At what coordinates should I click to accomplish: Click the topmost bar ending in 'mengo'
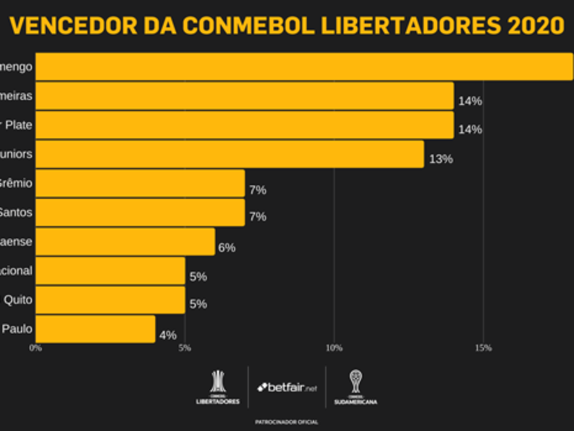[x=304, y=67]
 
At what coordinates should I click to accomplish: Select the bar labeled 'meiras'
[x=244, y=96]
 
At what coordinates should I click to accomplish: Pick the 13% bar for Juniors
[x=230, y=154]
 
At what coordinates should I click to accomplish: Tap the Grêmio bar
[x=140, y=183]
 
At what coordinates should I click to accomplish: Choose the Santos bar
[x=140, y=212]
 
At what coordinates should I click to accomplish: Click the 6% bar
[x=125, y=241]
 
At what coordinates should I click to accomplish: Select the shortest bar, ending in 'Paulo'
[x=95, y=329]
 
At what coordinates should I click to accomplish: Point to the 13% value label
[x=441, y=159]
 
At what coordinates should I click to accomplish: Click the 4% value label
[x=168, y=335]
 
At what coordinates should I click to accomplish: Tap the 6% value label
[x=227, y=248]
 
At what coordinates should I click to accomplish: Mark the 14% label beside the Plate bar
[x=470, y=130]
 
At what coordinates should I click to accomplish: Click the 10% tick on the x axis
[x=334, y=348]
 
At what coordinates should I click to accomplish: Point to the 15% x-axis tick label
[x=483, y=348]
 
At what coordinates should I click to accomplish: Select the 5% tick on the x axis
[x=185, y=348]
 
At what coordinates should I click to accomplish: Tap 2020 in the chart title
[x=535, y=26]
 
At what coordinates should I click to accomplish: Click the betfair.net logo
[x=287, y=387]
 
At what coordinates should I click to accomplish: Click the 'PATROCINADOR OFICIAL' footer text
[x=287, y=422]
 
